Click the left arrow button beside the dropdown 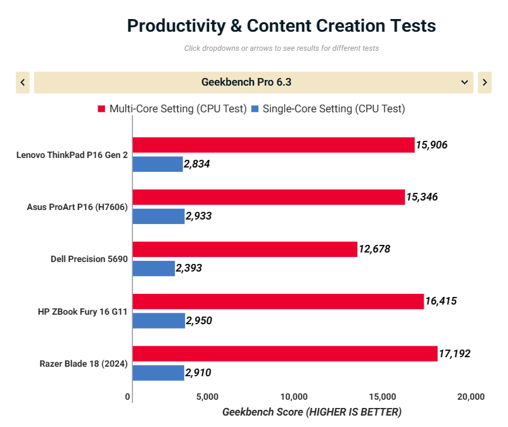23,82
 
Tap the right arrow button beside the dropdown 485,82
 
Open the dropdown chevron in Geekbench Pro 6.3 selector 464,82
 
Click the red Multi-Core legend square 101,109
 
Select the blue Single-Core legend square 255,109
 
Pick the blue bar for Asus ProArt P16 158,216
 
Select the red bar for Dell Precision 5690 245,249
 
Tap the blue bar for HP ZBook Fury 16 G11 159,320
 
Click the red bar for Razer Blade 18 285,353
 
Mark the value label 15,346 422,197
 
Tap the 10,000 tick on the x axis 294,397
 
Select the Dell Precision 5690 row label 89,259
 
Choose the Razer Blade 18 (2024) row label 84,364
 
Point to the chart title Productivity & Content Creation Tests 281,25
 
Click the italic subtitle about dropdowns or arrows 281,48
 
